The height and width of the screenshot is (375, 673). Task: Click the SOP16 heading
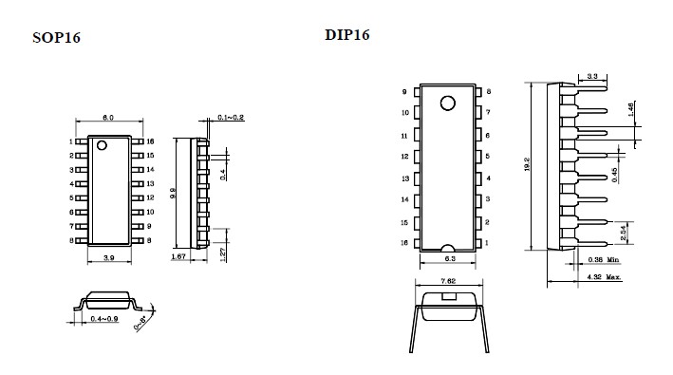coord(56,38)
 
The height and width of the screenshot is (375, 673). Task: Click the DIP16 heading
coord(346,35)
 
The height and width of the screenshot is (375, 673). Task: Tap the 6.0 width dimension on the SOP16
coord(107,118)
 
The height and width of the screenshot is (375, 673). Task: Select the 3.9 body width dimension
coord(109,258)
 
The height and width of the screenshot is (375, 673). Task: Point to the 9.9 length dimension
coord(173,193)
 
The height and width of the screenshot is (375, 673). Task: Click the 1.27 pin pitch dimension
coord(222,254)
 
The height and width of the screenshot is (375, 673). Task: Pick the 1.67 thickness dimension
coord(178,256)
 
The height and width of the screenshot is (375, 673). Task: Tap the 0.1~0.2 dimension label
coord(231,117)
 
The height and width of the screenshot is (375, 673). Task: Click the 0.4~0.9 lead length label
coord(104,319)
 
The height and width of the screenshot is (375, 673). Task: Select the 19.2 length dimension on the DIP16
coord(527,165)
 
